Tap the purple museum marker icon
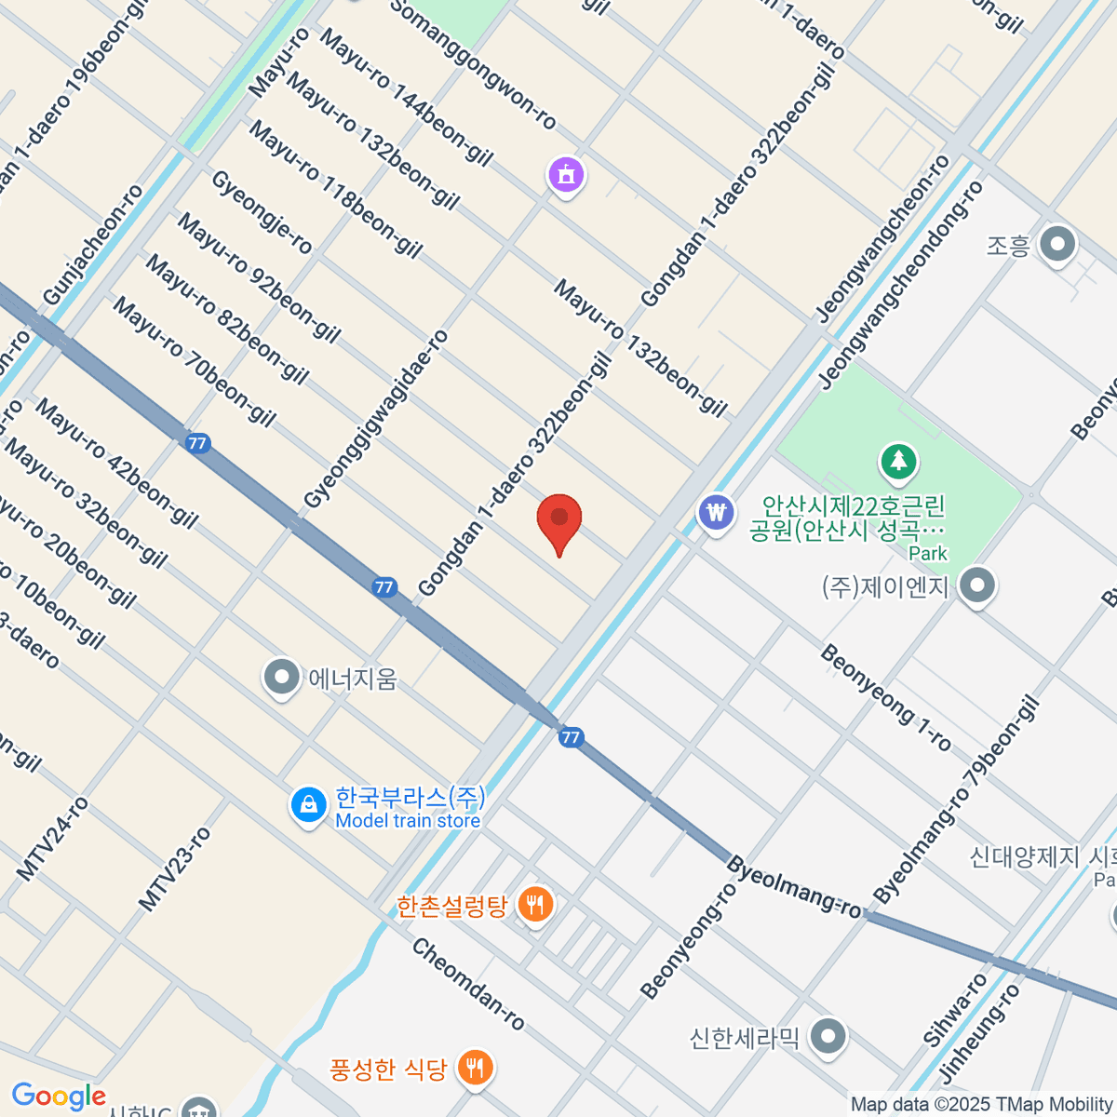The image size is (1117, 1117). (x=566, y=173)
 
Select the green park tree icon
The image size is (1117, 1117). (x=898, y=460)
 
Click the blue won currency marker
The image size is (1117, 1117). (x=716, y=512)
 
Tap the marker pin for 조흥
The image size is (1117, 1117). (x=1056, y=245)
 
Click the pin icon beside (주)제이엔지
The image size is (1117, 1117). (x=976, y=586)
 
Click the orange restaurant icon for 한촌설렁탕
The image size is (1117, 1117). (x=535, y=902)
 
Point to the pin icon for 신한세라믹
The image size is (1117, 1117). (x=828, y=1035)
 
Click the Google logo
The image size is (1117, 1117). (x=58, y=1097)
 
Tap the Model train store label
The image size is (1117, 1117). (x=408, y=821)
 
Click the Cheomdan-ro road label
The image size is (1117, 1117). (x=468, y=984)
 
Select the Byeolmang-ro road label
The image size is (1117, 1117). (x=793, y=886)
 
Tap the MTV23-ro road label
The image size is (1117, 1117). (x=174, y=868)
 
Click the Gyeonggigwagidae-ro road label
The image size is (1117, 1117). (x=376, y=420)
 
